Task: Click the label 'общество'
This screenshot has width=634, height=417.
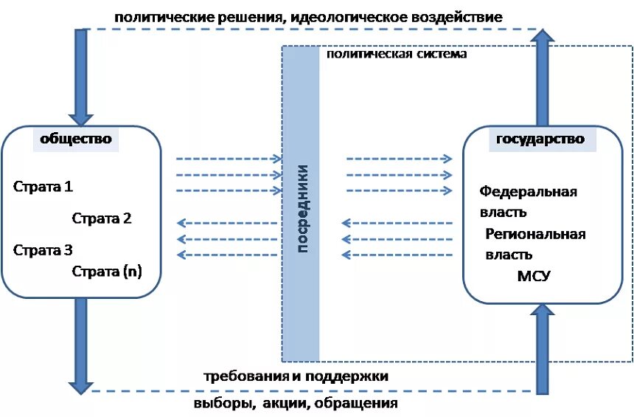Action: coord(76,139)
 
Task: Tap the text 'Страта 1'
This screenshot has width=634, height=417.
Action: coord(43,187)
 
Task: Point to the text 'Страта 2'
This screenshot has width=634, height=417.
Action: coord(102,218)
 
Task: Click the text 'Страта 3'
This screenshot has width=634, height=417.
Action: coord(43,249)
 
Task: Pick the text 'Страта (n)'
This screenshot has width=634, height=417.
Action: coord(107,271)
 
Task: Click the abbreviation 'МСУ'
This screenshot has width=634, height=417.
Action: coord(534,276)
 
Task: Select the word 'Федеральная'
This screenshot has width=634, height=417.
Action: coord(528,192)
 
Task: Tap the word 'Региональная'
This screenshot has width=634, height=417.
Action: coord(535,234)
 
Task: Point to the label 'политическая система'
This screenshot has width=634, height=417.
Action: coord(396,55)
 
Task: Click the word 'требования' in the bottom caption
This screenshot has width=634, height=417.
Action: coord(244,376)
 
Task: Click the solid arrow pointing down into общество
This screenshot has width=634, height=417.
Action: coord(79,77)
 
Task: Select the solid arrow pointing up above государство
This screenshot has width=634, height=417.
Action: coord(543,77)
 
